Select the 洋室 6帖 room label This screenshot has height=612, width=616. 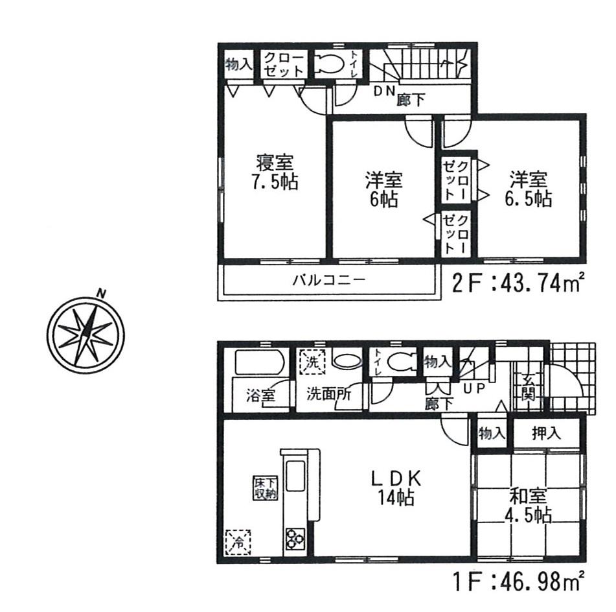[x=383, y=188]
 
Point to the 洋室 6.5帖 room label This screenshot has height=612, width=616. [x=529, y=188]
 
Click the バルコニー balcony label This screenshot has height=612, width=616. [x=328, y=281]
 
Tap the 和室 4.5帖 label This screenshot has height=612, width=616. [x=529, y=506]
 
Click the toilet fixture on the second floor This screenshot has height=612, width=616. [x=330, y=65]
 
